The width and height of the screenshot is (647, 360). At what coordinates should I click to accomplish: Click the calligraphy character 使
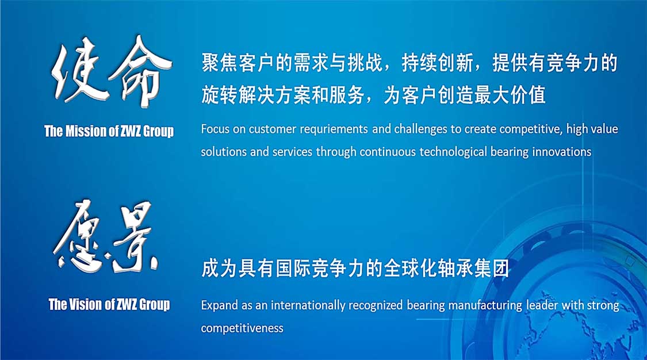pos(78,70)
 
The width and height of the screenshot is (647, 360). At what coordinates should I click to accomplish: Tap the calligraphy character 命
pos(140,71)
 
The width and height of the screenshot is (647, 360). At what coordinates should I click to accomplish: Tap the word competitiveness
pos(242,328)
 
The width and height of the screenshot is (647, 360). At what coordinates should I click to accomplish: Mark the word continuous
pos(388,152)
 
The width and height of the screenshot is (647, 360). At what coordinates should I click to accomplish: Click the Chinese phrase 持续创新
pos(438,63)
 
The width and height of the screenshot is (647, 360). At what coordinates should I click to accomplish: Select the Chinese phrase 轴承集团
pos(474,269)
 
